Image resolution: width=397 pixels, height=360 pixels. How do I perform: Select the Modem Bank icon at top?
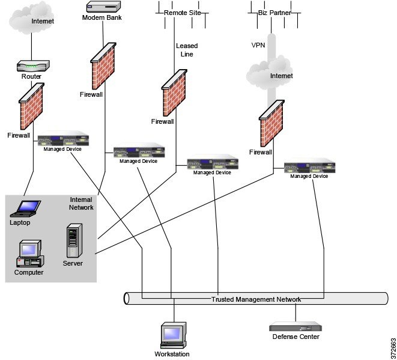coord(102,7)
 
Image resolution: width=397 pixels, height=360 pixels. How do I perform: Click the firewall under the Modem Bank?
coord(103,67)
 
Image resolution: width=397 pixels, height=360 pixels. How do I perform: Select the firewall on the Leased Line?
coord(174,93)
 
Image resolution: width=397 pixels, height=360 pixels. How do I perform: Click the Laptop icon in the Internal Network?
coord(27,208)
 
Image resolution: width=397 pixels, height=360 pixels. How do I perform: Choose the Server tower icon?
coord(73,241)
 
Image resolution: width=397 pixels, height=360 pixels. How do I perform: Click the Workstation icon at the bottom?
coord(172,336)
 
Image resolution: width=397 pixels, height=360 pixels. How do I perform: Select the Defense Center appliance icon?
coord(295,328)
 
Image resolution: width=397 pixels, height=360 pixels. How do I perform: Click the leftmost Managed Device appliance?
coord(63,140)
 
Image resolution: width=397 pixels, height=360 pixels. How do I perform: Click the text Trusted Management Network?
coord(256,299)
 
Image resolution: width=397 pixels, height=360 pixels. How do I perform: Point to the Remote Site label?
coord(182,11)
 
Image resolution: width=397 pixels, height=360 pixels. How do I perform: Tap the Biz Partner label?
coord(271,11)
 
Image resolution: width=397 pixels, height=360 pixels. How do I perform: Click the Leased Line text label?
coord(186,50)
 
